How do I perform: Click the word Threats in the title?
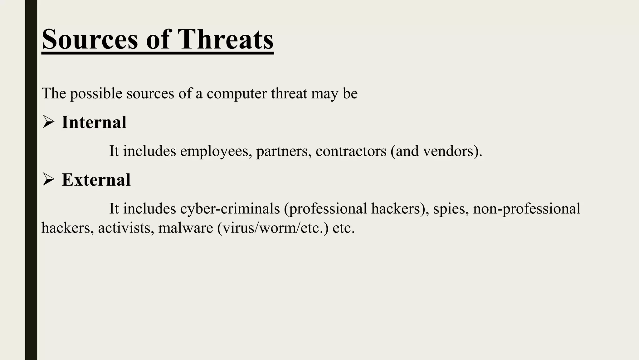pyautogui.click(x=225, y=39)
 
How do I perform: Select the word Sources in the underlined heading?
pyautogui.click(x=90, y=39)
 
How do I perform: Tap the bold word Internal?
pyautogui.click(x=94, y=122)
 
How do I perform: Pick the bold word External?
pyautogui.click(x=96, y=180)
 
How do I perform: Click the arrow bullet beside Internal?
pyautogui.click(x=48, y=122)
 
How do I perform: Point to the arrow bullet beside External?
pyautogui.click(x=48, y=180)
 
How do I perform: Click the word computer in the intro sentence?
pyautogui.click(x=237, y=93)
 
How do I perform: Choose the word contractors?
pyautogui.click(x=351, y=151)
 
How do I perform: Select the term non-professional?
pyautogui.click(x=526, y=209)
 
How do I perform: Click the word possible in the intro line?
pyautogui.click(x=96, y=93)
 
